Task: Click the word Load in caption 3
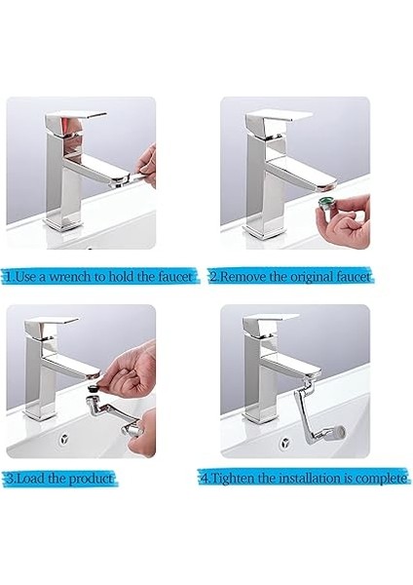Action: (x=29, y=480)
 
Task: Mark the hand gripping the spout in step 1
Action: (x=143, y=161)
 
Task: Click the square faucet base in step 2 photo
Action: (x=263, y=230)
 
